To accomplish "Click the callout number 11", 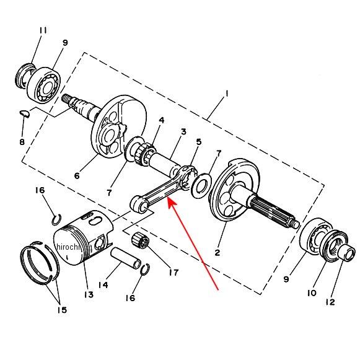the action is point(43,30).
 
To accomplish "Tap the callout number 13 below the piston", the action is point(89,294).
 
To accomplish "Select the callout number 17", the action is point(173,273).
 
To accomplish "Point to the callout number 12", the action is point(330,302).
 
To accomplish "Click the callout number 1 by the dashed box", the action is point(227,94).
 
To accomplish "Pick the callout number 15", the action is point(62,310).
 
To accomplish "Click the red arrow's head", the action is point(172,203).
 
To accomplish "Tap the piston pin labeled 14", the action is point(126,258).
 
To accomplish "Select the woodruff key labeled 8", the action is point(24,114).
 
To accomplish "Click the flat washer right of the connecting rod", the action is point(201,186).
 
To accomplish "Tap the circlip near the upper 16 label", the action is point(56,220).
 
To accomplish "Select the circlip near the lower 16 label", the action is point(145,269).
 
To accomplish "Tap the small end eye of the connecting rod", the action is point(139,203).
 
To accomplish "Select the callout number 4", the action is point(162,120).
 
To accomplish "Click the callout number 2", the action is point(217,253).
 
